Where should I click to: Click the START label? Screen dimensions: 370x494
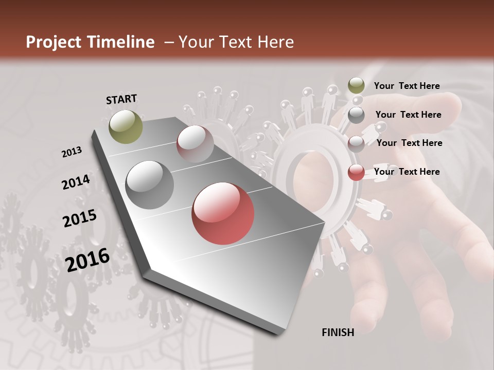(x=121, y=99)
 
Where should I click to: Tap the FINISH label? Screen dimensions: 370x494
(x=338, y=332)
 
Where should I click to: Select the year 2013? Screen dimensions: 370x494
(x=72, y=152)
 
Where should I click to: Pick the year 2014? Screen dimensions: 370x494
(x=76, y=182)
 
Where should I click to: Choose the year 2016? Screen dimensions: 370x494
(x=87, y=260)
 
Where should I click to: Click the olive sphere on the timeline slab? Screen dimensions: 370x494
(x=126, y=126)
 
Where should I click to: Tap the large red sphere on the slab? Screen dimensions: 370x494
(x=223, y=213)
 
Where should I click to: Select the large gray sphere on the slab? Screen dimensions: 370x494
(x=150, y=184)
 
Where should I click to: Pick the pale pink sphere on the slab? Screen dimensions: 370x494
(x=195, y=144)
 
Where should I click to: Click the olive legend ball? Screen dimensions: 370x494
(x=356, y=85)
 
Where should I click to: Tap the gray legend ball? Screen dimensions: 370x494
(x=356, y=115)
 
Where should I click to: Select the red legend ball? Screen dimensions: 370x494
(x=356, y=172)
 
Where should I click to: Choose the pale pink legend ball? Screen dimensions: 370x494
(x=356, y=143)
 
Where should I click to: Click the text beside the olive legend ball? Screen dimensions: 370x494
(x=407, y=86)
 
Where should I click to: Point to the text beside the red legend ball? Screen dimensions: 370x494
(x=407, y=172)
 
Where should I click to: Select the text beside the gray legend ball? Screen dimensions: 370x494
(x=408, y=115)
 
